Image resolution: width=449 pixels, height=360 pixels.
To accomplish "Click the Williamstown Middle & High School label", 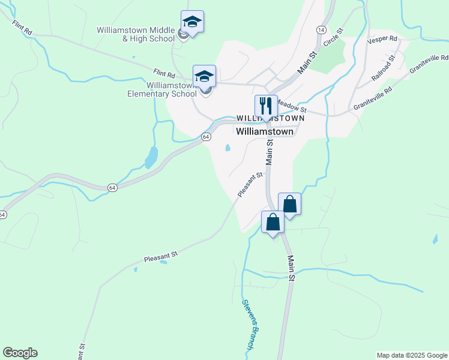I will coord(135,35).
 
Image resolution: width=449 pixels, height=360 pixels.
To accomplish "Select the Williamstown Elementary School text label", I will coord(162,89).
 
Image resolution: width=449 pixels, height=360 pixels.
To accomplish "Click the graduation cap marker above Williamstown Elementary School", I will coord(204,77).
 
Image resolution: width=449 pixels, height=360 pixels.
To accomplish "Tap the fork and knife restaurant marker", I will coord(266,106).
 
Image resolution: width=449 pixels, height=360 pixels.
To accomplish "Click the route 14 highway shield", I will coord(321,29).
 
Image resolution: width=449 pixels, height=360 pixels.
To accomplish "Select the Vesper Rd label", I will coord(382,38).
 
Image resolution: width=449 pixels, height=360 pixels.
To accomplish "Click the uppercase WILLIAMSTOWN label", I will coord(270,119).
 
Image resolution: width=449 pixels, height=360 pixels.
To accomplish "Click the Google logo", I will coord(20,353).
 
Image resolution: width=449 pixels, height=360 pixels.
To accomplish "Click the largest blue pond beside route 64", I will coord(151,157).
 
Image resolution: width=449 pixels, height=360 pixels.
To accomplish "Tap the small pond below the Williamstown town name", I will coord(227,148).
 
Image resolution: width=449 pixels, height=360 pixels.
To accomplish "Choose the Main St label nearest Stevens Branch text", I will coord(292,269).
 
